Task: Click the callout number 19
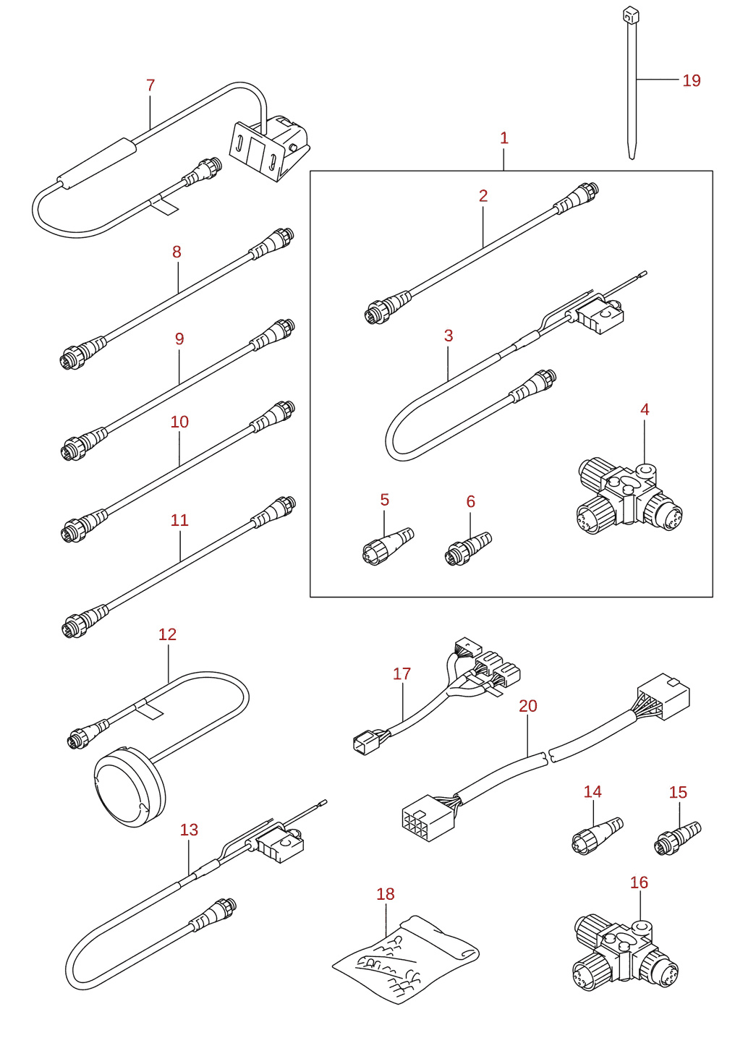(692, 81)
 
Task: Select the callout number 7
(150, 85)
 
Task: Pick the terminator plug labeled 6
(468, 548)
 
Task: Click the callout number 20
(528, 706)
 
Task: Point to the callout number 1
(504, 138)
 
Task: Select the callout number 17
(402, 674)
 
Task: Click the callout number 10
(179, 422)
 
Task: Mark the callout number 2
(483, 196)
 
